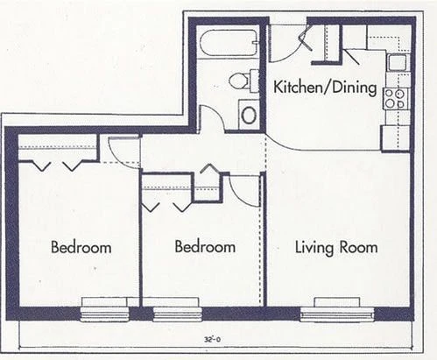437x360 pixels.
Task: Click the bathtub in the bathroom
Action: pos(227,43)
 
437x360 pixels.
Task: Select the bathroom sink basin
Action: pos(249,115)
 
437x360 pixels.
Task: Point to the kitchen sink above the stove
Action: pos(397,63)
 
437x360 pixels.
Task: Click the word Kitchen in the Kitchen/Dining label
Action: pos(300,88)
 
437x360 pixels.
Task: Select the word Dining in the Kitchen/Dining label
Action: pos(355,88)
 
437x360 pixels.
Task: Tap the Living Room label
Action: pos(335,247)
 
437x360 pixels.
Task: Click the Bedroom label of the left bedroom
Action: pos(81,247)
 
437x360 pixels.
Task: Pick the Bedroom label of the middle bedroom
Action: pos(205,247)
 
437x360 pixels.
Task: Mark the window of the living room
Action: pos(336,313)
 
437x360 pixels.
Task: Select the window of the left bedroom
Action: pos(105,313)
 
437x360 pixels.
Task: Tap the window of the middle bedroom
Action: pos(178,313)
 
